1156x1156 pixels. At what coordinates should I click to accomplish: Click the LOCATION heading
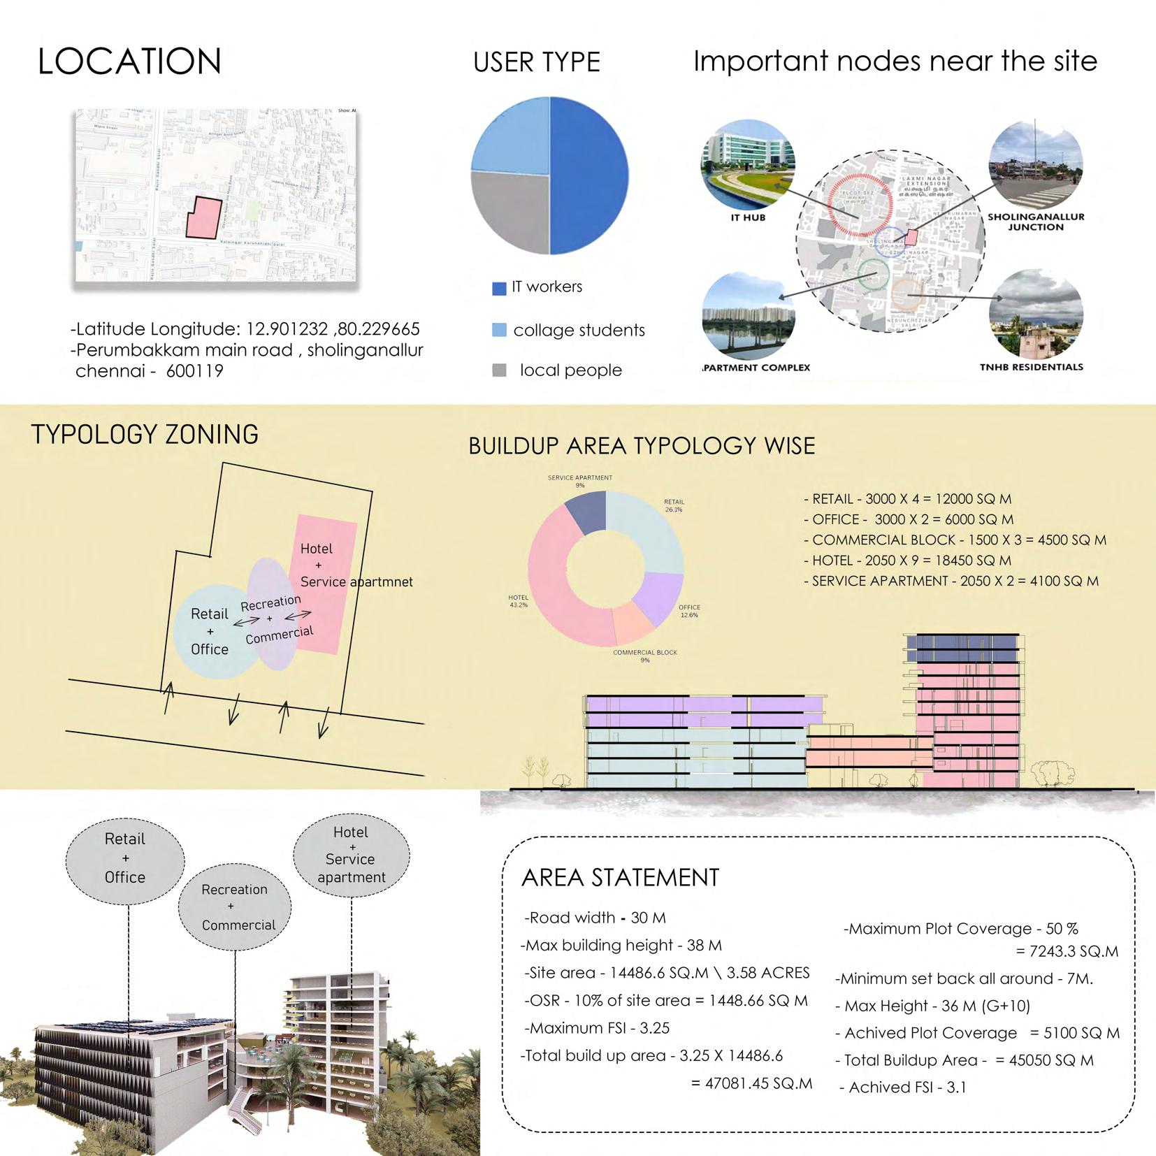[129, 62]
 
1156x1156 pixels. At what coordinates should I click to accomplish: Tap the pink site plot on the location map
[203, 219]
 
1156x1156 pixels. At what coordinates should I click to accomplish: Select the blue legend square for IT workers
[499, 289]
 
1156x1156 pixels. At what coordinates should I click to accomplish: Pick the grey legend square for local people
[499, 370]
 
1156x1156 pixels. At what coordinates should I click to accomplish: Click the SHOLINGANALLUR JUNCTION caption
[1036, 222]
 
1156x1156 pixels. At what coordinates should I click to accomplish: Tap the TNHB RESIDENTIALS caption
[1031, 367]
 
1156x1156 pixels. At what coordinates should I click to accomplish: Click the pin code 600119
[194, 371]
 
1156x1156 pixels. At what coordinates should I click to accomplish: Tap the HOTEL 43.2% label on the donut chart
[518, 601]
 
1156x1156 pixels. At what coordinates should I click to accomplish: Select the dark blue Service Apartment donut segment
[586, 511]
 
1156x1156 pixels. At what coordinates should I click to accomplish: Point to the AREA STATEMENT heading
[620, 878]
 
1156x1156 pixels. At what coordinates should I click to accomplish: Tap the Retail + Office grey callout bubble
[125, 858]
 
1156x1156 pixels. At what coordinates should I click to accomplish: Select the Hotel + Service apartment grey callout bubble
[351, 854]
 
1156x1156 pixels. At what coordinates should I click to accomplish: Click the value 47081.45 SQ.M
[752, 1083]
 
